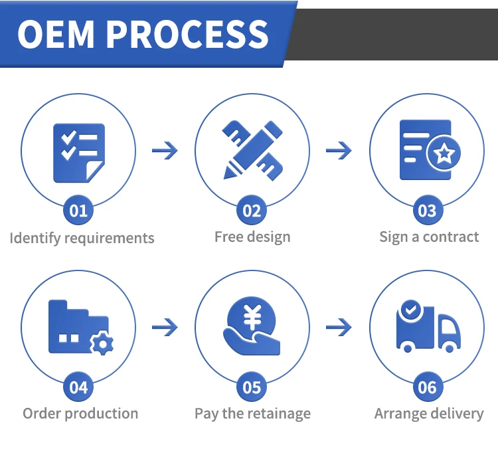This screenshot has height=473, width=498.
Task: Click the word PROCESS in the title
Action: coord(188,34)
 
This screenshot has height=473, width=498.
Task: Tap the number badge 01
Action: coord(78,211)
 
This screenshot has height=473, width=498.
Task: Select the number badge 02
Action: coord(252,211)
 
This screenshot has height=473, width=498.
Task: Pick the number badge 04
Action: coord(78,387)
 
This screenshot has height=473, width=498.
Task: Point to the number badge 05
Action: coord(252,387)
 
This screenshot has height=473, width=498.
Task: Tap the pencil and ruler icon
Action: coord(252,149)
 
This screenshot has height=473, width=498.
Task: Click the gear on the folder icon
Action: coord(102,343)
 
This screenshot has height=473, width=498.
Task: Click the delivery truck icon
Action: coord(428,327)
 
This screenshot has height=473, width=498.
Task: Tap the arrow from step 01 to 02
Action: coord(165,151)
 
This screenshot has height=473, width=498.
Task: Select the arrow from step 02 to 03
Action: coord(339,151)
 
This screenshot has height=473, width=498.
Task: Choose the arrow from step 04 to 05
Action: coord(165,327)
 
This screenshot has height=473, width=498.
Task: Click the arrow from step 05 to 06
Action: coord(339,327)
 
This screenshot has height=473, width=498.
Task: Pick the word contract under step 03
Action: coord(451,237)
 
